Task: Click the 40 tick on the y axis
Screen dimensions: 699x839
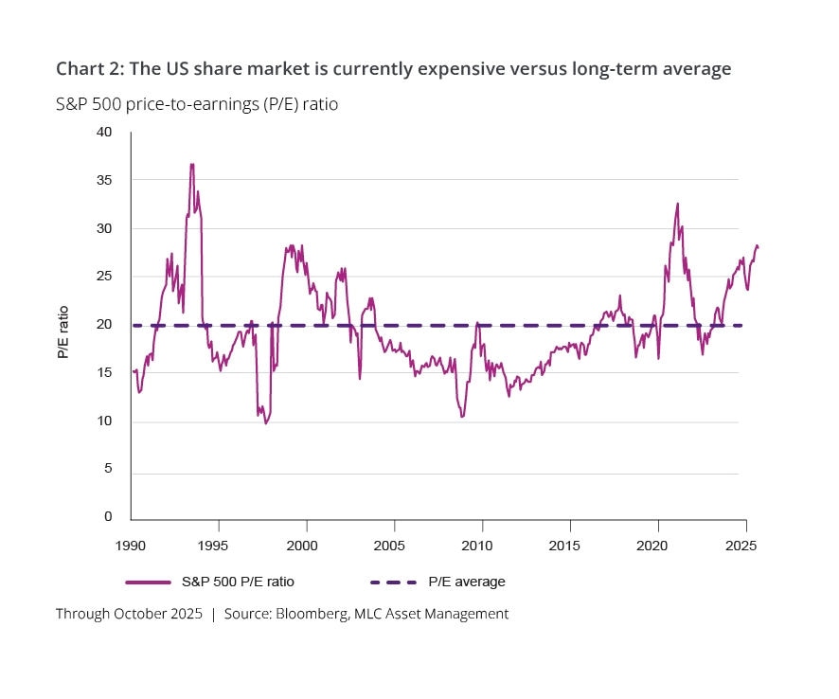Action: tap(105, 133)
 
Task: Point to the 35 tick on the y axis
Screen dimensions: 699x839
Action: tap(105, 180)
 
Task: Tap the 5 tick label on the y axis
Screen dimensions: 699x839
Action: tap(109, 469)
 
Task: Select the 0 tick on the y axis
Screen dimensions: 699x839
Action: tap(108, 517)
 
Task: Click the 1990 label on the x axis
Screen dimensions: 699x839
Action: tap(131, 547)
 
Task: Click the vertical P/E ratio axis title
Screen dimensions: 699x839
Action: tap(63, 332)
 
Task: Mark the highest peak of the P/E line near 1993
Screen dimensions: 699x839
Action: tap(192, 165)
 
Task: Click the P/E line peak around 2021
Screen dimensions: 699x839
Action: tap(677, 204)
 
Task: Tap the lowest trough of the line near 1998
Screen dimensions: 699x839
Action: tap(266, 422)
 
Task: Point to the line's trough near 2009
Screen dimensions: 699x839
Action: tap(462, 416)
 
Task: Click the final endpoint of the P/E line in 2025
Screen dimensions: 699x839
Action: tap(758, 247)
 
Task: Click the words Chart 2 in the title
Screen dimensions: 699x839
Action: tap(87, 68)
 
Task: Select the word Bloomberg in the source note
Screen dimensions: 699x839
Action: tap(311, 614)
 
